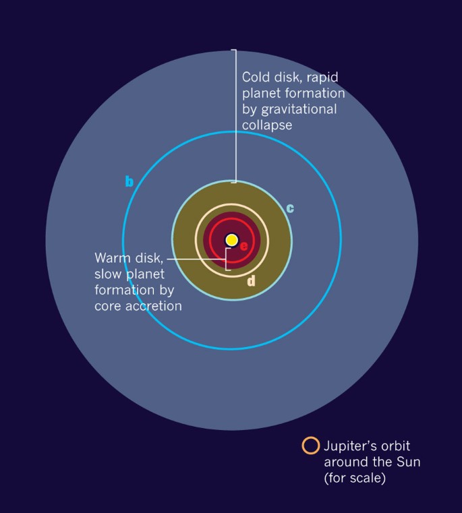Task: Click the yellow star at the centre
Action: click(x=231, y=240)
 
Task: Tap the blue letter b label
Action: click(x=129, y=181)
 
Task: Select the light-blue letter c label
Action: click(x=290, y=208)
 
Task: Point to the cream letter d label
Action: click(x=252, y=281)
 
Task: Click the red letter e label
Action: click(x=244, y=245)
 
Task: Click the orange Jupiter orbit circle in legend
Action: click(x=310, y=446)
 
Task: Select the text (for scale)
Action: click(x=354, y=479)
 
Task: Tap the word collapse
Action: click(x=267, y=125)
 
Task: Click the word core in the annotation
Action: click(x=109, y=306)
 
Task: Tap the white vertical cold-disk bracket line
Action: click(x=235, y=115)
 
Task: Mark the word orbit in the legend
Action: click(x=395, y=446)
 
